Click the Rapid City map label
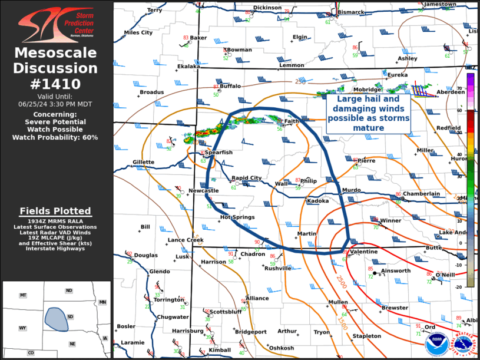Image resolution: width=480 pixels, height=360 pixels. coord(246,178)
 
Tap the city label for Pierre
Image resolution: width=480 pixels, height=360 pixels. coord(366,160)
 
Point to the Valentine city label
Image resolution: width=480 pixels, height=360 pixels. coord(363,252)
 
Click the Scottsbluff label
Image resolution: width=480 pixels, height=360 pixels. coord(226,312)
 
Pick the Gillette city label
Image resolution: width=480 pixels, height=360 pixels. coord(143,162)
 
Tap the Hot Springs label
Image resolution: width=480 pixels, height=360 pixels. coord(237,217)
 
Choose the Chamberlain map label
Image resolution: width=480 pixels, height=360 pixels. coord(421,194)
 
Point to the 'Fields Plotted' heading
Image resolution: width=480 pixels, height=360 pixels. coord(55,211)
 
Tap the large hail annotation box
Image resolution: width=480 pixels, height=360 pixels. coord(369,114)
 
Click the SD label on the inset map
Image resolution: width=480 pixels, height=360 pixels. coord(69,316)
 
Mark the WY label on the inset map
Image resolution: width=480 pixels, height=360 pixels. coord(22,328)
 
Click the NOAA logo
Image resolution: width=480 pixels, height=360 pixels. coord(436,344)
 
